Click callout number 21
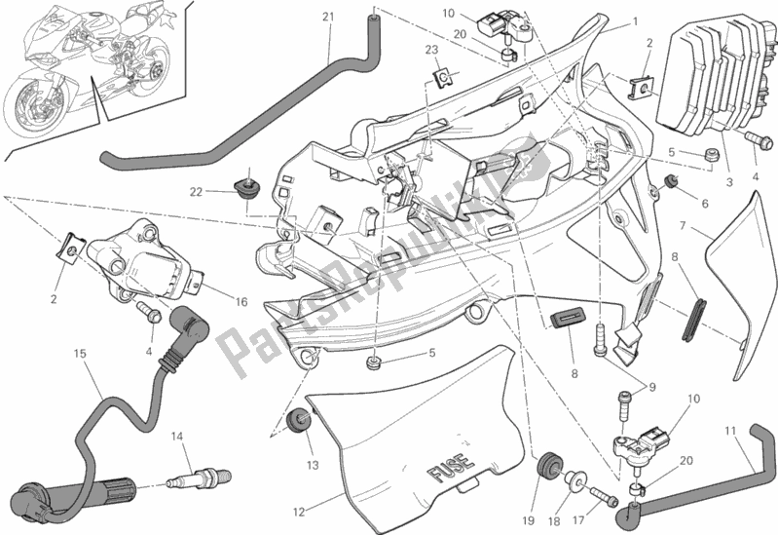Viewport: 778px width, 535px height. (328, 17)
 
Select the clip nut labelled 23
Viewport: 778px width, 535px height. (440, 76)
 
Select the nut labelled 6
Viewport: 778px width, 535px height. (671, 181)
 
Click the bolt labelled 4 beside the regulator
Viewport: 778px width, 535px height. (754, 141)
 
